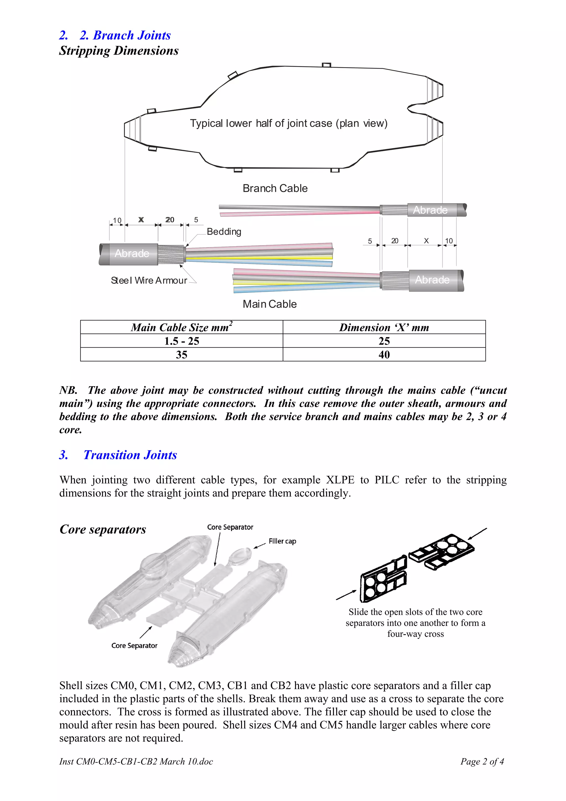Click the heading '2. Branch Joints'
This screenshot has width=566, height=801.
125,35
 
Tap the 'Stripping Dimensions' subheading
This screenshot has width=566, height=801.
119,51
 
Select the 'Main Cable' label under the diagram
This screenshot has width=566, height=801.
269,304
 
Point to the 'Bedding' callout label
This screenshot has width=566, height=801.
224,232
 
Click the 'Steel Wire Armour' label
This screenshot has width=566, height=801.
149,280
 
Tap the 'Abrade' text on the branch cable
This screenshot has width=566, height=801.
430,210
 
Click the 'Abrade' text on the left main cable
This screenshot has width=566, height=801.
132,253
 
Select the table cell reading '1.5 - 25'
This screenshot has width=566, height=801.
181,341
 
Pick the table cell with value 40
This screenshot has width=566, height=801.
384,354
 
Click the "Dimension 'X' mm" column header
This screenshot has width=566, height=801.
384,327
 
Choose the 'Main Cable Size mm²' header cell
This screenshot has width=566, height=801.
181,327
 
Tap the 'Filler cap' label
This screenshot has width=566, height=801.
282,541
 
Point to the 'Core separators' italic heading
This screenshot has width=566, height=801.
103,529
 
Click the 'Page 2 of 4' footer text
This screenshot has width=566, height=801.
482,761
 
